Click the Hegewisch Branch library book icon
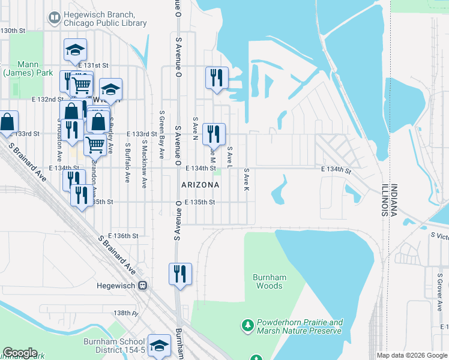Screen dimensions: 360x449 (55, 18)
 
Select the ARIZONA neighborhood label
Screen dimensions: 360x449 (200, 185)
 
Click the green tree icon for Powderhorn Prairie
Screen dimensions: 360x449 (247, 326)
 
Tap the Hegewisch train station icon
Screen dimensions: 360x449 (143, 286)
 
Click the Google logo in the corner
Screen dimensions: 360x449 (20, 353)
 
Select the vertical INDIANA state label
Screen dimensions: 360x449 (393, 200)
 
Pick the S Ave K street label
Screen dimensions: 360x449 (246, 179)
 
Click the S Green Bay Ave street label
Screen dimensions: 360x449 (161, 134)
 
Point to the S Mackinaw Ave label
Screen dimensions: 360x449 (144, 164)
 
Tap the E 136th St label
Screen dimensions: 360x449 (123, 236)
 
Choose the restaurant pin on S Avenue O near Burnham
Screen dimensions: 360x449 (180, 274)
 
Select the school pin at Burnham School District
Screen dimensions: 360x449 (159, 346)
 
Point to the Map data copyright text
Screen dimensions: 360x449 (412, 355)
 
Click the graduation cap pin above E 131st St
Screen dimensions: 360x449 (76, 50)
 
